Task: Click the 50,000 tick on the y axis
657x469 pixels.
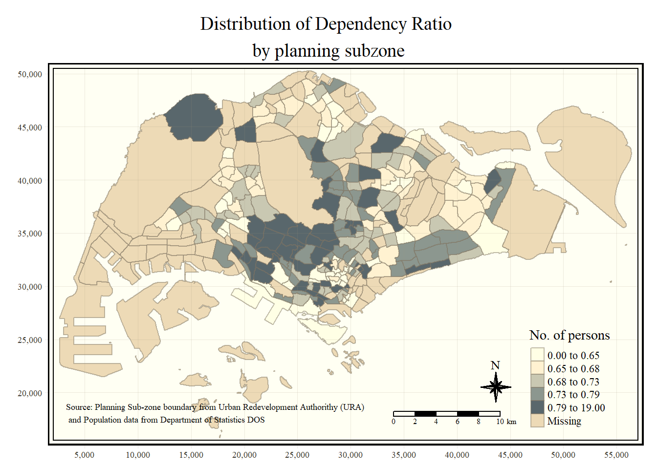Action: [30, 74]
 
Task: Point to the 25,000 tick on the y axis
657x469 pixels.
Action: [30, 340]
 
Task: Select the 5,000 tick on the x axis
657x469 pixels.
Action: [85, 455]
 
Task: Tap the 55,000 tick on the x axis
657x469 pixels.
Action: [616, 455]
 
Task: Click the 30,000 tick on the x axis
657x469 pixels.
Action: [350, 455]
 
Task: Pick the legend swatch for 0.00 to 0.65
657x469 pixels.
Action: [537, 355]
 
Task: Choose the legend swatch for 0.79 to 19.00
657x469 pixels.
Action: [537, 407]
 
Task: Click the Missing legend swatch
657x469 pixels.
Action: [537, 421]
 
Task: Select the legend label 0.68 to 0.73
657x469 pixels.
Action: [573, 382]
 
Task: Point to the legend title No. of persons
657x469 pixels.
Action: [569, 335]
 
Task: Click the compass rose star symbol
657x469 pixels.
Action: [496, 387]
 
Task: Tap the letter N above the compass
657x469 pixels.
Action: [495, 365]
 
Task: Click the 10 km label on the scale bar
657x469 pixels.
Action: [506, 422]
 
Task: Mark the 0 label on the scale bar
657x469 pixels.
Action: [394, 422]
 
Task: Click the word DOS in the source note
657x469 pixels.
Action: [256, 420]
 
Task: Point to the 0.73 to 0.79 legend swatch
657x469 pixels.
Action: [537, 394]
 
